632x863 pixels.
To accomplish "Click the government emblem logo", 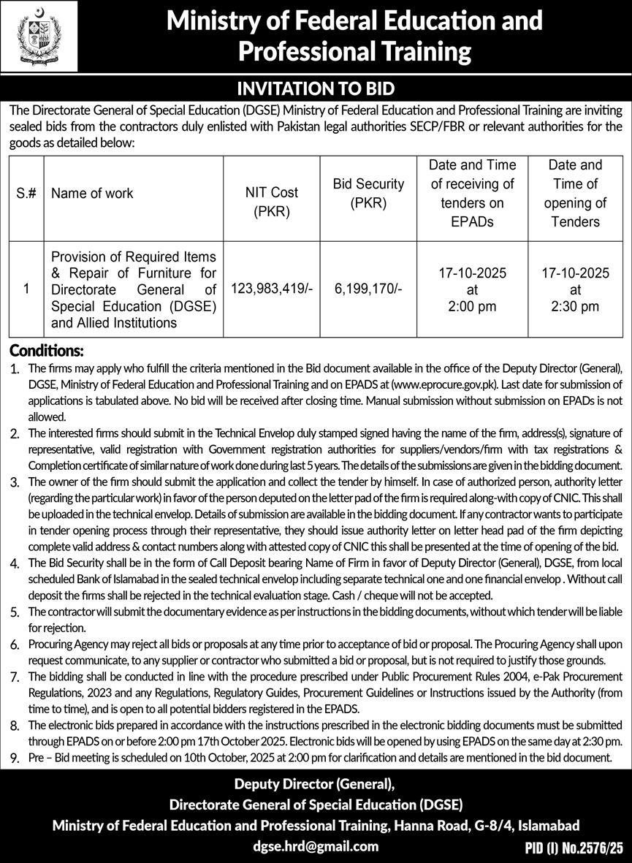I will pos(38,36).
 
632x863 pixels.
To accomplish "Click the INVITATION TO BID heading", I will pos(316,89).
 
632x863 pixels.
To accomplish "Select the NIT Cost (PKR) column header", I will pos(272,202).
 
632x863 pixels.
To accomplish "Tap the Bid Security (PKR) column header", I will pos(359,193).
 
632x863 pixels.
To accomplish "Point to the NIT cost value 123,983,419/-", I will pos(272,289).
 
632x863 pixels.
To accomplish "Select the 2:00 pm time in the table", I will pos(472,306).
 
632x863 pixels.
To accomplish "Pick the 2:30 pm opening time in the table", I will pos(575,306).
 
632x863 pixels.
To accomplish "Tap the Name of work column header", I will pos(92,194).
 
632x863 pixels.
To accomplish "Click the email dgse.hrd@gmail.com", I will pos(316,846).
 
